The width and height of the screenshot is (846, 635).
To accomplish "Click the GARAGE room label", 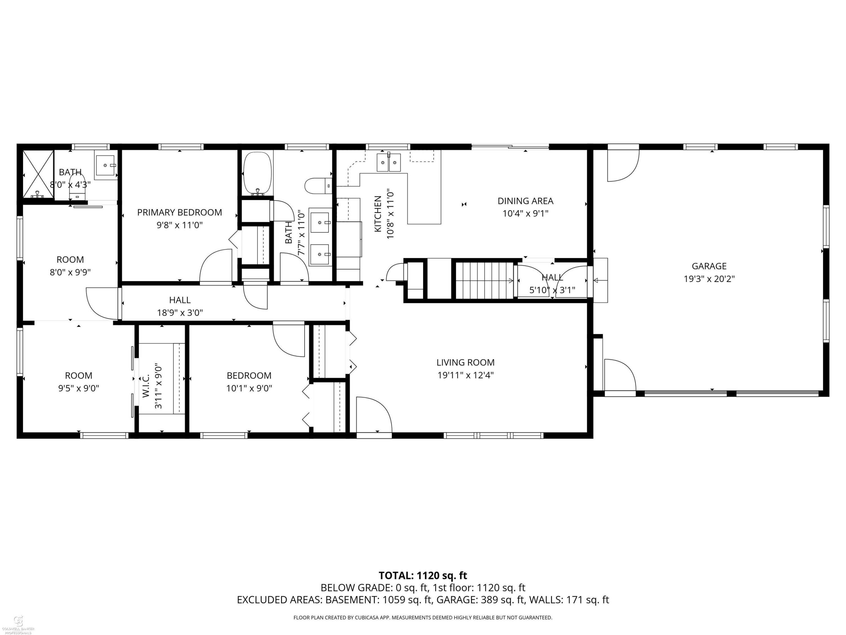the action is (709, 266).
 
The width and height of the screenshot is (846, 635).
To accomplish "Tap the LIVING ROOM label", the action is (466, 362).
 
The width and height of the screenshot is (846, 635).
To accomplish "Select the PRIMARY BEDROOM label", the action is (179, 213).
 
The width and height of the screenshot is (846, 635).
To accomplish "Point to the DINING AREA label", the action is (525, 201).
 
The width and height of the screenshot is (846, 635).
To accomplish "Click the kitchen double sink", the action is (389, 163).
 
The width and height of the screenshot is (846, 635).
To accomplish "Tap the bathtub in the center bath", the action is (257, 173).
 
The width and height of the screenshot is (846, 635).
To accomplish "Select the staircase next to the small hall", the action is (484, 280).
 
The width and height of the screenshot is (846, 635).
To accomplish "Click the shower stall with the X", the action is (38, 174).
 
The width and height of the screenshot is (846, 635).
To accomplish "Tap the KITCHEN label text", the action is (378, 214).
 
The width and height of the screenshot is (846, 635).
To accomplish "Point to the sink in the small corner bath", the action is (105, 165).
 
